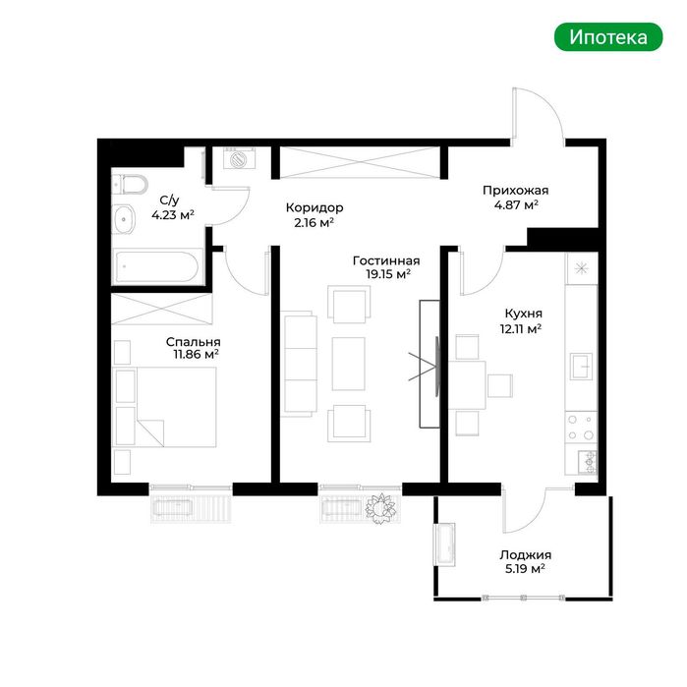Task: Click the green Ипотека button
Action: click(x=608, y=37)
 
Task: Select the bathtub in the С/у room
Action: click(x=157, y=266)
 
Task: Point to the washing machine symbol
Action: click(x=239, y=158)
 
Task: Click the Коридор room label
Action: click(x=315, y=207)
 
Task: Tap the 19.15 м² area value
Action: click(x=388, y=274)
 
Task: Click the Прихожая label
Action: click(x=515, y=190)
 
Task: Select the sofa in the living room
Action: click(x=299, y=364)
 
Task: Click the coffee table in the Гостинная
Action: click(x=348, y=364)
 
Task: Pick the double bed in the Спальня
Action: click(x=165, y=407)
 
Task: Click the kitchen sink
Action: click(x=582, y=366)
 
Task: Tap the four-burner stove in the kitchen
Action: click(x=581, y=428)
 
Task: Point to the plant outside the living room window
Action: click(x=381, y=508)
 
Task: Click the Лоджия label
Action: click(x=526, y=555)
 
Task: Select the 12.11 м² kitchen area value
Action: click(x=521, y=328)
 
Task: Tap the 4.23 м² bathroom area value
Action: click(x=173, y=215)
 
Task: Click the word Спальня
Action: click(x=194, y=342)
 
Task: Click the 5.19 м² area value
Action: click(x=525, y=569)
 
